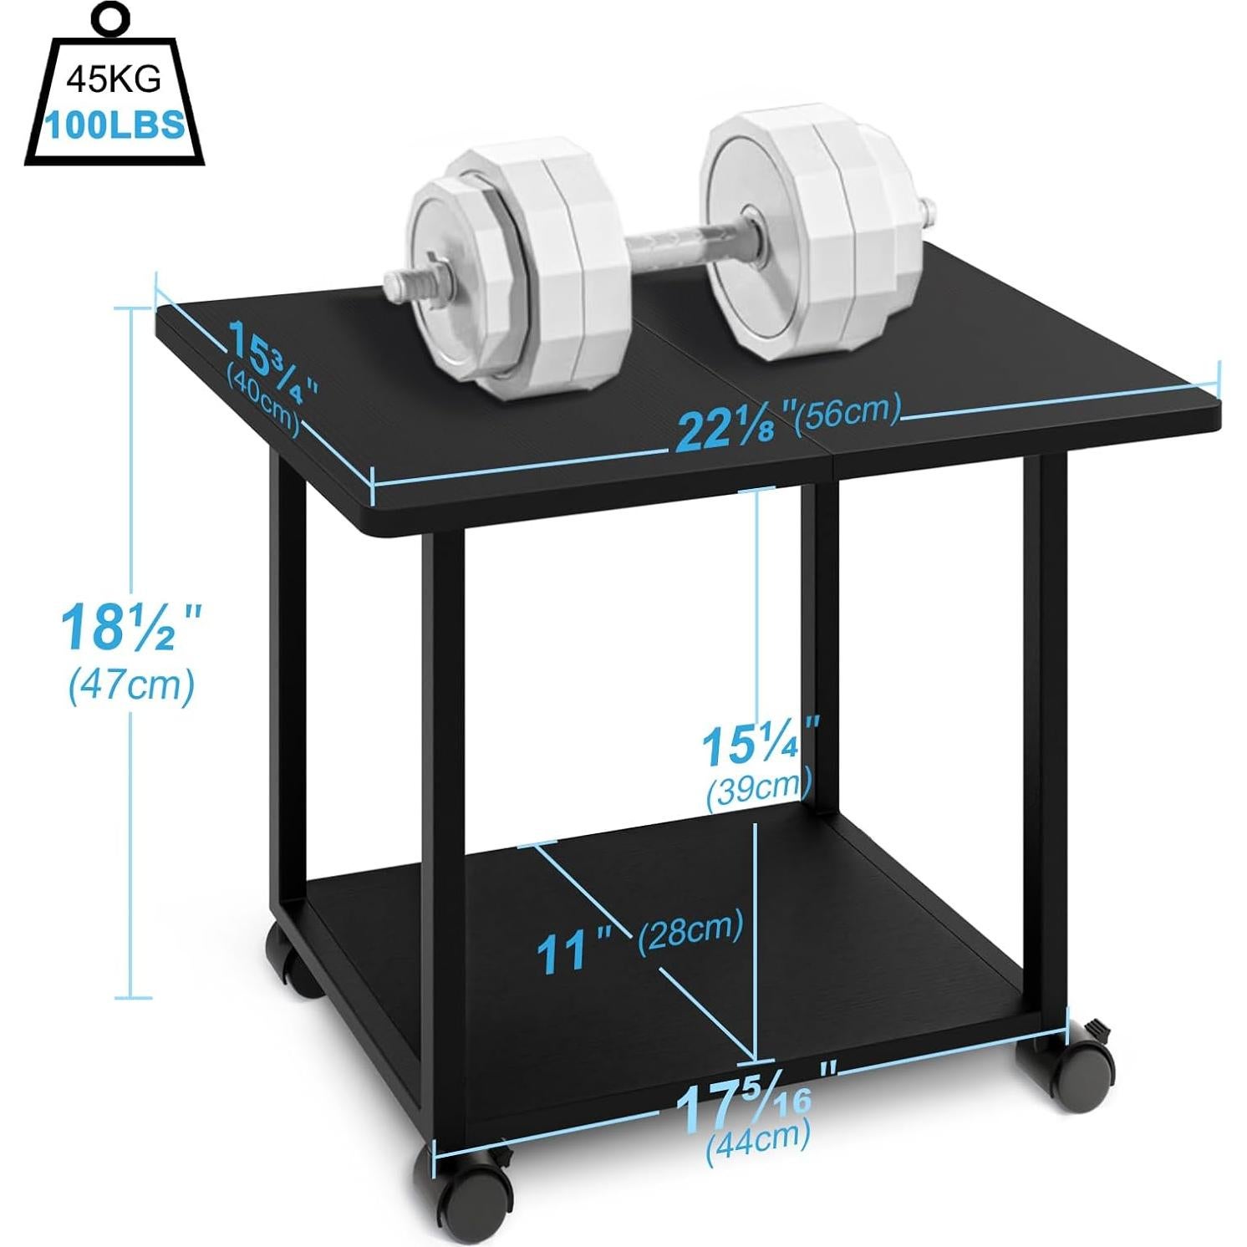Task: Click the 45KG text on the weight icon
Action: pyautogui.click(x=113, y=80)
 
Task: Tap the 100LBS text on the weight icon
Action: pyautogui.click(x=115, y=125)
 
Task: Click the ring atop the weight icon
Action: pyautogui.click(x=111, y=18)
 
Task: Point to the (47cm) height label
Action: pyautogui.click(x=131, y=685)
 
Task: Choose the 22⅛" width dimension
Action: pyautogui.click(x=730, y=428)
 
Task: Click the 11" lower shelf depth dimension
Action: pyautogui.click(x=573, y=950)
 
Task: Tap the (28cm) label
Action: pyautogui.click(x=690, y=929)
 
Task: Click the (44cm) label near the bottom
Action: pyautogui.click(x=757, y=1138)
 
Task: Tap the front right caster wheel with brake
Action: pyautogui.click(x=1066, y=1071)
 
